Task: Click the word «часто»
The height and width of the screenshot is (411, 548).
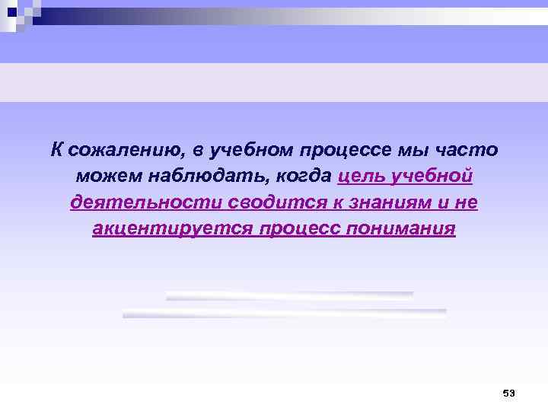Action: [x=467, y=149]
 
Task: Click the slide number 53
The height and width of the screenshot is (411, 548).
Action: [x=508, y=393]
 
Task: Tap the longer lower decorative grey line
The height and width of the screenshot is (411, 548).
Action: [x=284, y=313]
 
